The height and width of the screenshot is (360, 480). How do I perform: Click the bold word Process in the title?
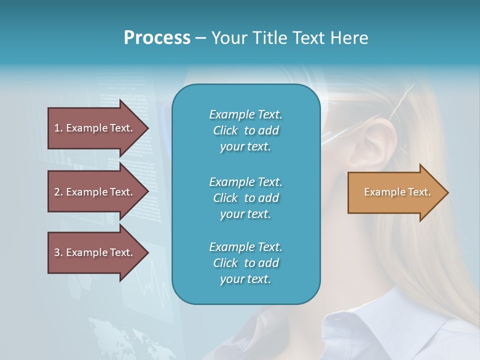157,38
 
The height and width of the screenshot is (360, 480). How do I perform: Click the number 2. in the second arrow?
58,192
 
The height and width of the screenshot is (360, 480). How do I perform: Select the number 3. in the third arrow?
58,252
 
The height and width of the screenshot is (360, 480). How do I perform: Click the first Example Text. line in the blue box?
245,114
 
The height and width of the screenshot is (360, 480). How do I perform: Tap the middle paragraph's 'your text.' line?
245,214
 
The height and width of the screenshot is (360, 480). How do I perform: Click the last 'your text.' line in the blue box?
245,279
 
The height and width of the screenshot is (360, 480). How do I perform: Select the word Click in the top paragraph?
225,130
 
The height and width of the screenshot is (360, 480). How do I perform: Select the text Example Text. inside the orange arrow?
397,192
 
